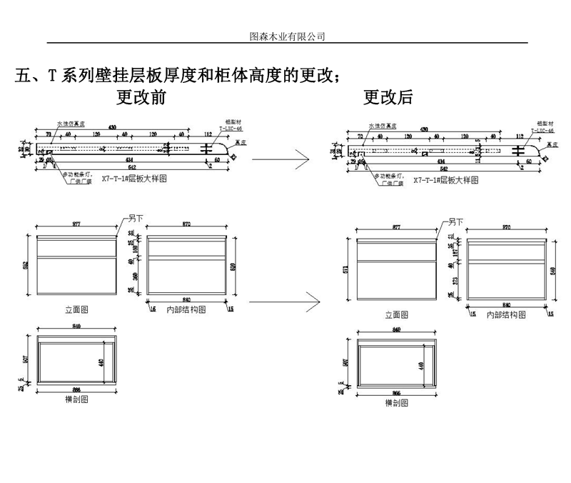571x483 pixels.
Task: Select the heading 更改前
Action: click(x=141, y=96)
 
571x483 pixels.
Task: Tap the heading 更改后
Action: click(x=388, y=96)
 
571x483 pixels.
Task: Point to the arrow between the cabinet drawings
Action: click(x=278, y=302)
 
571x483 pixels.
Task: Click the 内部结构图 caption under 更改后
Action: click(x=505, y=314)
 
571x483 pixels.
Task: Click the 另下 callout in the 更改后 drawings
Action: click(x=455, y=222)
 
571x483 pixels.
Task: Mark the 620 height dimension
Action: click(x=233, y=267)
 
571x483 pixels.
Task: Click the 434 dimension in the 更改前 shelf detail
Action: click(x=128, y=159)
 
